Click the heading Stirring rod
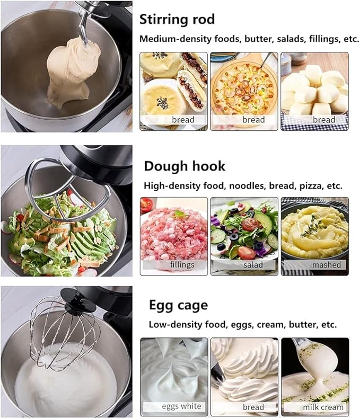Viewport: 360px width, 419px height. click(x=177, y=20)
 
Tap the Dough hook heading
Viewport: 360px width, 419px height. click(x=185, y=166)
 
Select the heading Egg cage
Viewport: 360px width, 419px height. click(x=178, y=305)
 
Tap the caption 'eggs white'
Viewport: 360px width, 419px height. click(x=182, y=406)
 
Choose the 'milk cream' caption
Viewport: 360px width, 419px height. click(x=323, y=407)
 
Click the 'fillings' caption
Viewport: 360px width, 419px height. click(x=182, y=264)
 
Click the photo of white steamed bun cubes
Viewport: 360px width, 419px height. click(x=314, y=87)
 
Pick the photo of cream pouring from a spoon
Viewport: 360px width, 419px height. click(x=315, y=371)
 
